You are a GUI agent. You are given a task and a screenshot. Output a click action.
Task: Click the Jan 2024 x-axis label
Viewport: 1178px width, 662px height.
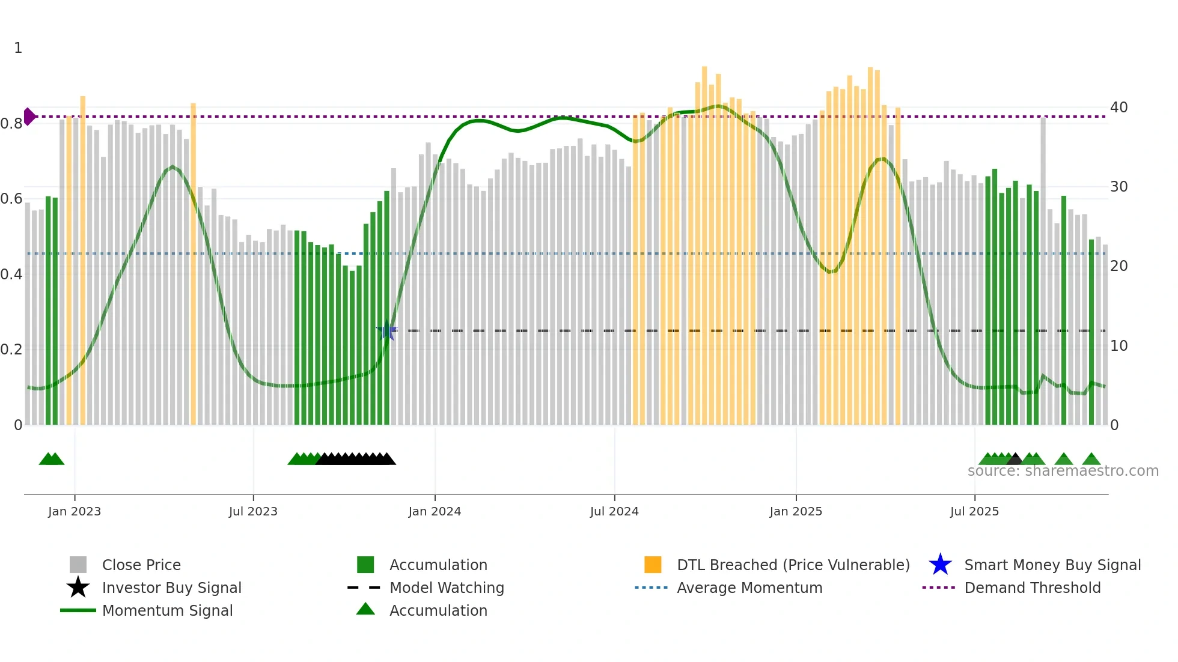click(x=435, y=511)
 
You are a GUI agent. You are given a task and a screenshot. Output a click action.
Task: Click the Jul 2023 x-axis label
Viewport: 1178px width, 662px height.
click(x=253, y=511)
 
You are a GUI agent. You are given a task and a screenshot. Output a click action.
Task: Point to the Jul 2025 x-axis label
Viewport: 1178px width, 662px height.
click(x=974, y=511)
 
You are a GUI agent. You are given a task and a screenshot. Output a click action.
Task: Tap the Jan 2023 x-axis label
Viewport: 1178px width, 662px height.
click(x=75, y=511)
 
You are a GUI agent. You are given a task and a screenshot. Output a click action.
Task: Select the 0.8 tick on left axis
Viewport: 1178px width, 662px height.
click(x=11, y=124)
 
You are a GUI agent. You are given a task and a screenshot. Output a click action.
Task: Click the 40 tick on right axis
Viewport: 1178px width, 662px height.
click(x=1118, y=108)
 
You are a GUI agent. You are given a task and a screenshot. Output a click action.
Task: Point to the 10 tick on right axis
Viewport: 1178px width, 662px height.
click(x=1118, y=346)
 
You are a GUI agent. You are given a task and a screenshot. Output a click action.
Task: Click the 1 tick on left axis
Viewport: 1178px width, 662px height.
click(x=18, y=48)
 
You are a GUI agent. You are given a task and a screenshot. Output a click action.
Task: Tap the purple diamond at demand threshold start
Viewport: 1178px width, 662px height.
click(x=29, y=117)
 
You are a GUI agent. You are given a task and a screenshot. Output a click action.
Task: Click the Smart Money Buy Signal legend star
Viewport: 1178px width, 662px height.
click(x=940, y=565)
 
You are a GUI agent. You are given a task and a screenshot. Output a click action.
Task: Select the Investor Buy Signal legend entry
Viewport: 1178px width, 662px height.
click(x=171, y=588)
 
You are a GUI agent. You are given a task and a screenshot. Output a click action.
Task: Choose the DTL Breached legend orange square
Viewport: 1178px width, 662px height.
click(x=653, y=565)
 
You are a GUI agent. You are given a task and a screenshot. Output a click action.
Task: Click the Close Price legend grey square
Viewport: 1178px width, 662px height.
click(x=78, y=565)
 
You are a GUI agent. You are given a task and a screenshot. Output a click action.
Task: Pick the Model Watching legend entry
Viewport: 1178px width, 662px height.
click(x=446, y=588)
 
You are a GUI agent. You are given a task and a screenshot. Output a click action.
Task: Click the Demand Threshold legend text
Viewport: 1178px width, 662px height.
click(x=1032, y=588)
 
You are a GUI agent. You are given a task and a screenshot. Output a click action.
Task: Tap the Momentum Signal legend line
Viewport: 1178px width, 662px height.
click(x=78, y=610)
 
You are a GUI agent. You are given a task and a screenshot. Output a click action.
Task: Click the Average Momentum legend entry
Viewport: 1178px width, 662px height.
click(x=749, y=588)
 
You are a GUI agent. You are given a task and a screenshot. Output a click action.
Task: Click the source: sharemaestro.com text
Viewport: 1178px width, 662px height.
click(x=1063, y=471)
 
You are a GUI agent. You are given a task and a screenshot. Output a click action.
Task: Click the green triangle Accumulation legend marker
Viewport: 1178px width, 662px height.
click(x=365, y=610)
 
